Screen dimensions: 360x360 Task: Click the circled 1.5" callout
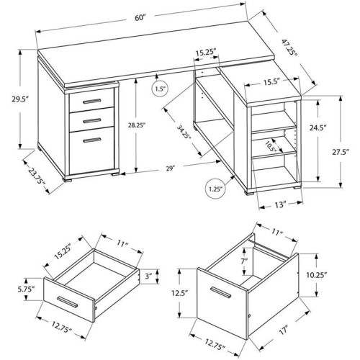pos(160,89)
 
